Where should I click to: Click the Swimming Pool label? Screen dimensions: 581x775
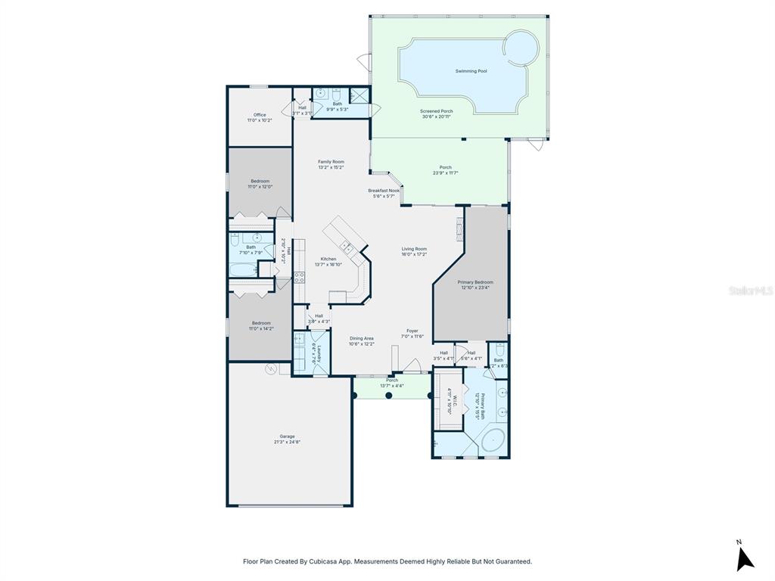pos(471,71)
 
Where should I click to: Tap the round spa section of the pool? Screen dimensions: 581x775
pos(521,48)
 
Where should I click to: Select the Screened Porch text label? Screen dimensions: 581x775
pos(437,112)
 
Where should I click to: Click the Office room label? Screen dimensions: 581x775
pos(260,115)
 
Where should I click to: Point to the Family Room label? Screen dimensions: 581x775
pos(331,162)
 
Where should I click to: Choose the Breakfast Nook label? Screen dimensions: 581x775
pos(384,191)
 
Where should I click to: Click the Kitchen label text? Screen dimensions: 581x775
pos(328,259)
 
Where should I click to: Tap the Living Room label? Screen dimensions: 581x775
pos(414,249)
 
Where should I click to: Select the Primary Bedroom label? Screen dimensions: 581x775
pos(475,282)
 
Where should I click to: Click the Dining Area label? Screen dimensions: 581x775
pos(361,338)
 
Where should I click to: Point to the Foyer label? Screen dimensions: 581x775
pos(412,331)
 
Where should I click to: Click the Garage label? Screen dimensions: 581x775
pos(287,437)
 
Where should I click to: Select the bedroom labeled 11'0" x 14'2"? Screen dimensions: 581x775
pos(260,323)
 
